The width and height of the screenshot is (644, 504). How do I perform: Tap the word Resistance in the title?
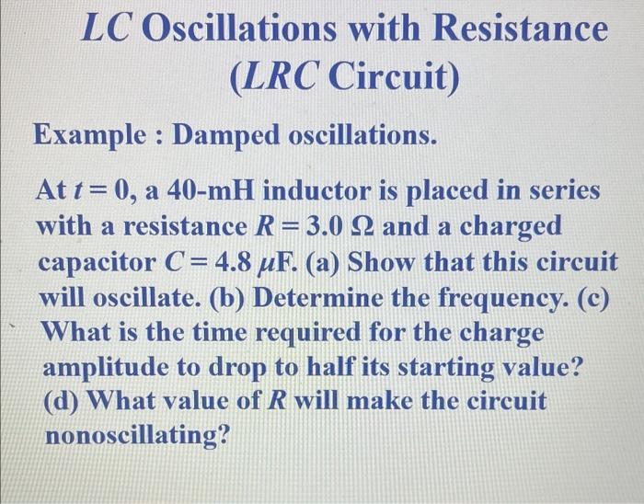point(521,31)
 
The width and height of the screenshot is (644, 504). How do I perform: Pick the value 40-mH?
point(213,193)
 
